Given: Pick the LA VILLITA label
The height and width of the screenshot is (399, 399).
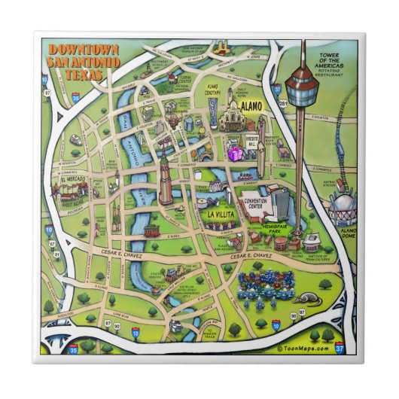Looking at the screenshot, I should coord(220,215).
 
